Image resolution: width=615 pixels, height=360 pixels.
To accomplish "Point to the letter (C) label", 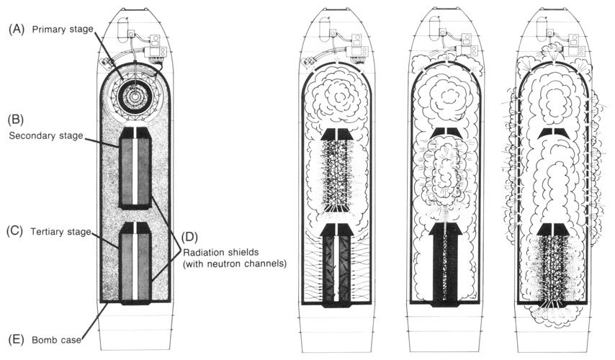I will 16,232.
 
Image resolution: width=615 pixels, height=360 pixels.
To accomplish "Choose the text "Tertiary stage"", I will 61,232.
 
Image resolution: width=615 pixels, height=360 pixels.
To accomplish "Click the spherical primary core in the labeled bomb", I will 135,95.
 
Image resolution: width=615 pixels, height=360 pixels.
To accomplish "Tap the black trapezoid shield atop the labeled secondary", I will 135,133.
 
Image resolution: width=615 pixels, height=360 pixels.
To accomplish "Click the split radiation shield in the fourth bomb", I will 554,133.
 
